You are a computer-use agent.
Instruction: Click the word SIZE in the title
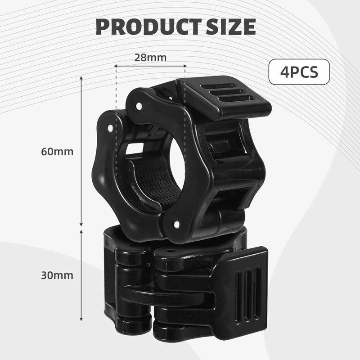point(230,27)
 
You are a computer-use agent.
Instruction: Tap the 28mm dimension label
point(150,58)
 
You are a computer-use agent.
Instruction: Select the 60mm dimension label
point(57,152)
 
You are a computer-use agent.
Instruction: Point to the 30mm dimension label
point(57,275)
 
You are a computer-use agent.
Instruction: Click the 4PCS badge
point(299,72)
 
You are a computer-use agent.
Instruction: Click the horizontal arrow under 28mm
point(150,66)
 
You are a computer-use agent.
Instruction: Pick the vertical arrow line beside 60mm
point(81,152)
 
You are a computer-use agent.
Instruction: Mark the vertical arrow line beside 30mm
point(81,275)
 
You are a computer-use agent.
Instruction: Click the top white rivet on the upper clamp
point(139,106)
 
